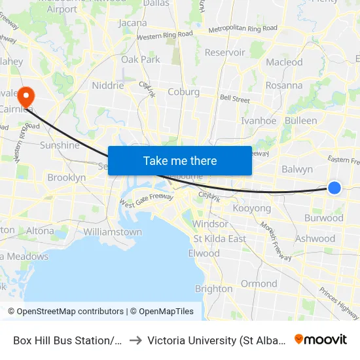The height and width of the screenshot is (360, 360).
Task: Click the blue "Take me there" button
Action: pyautogui.click(x=179, y=160)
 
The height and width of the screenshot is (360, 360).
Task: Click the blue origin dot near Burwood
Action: pyautogui.click(x=334, y=188)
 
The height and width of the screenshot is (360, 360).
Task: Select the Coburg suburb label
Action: pyautogui.click(x=183, y=92)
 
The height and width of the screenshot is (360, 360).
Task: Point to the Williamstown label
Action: pyautogui.click(x=113, y=232)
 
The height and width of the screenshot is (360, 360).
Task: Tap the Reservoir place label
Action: pyautogui.click(x=225, y=52)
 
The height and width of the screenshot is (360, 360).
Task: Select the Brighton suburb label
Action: pyautogui.click(x=213, y=289)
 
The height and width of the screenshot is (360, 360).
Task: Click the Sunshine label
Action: pyautogui.click(x=60, y=145)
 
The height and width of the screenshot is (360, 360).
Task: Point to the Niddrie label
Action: pyautogui.click(x=107, y=85)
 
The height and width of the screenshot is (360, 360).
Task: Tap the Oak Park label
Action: pyautogui.click(x=141, y=59)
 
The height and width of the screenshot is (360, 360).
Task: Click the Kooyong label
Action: pyautogui.click(x=252, y=208)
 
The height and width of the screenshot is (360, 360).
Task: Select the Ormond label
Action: pyautogui.click(x=259, y=283)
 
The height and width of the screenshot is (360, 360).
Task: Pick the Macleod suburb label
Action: pyautogui.click(x=284, y=62)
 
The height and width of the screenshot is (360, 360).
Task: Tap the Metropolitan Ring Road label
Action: pyautogui.click(x=242, y=29)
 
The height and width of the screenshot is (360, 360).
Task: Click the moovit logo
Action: pyautogui.click(x=321, y=340)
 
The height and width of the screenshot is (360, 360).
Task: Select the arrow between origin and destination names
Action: pyautogui.click(x=135, y=340)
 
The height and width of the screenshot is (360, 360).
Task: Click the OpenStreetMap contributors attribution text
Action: pyautogui.click(x=70, y=312)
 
